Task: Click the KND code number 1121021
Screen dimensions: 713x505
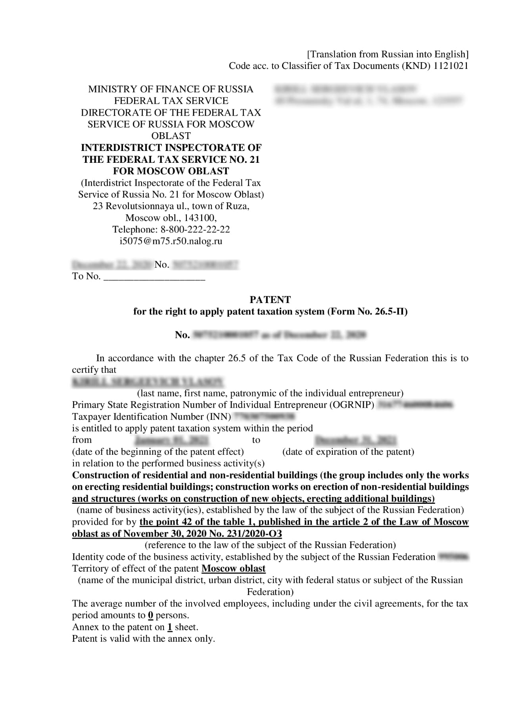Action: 451,66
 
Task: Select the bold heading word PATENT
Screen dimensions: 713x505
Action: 270,299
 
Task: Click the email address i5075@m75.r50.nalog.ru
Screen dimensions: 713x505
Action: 171,241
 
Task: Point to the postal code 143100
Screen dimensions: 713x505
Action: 200,218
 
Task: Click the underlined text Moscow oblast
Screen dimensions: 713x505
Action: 233,568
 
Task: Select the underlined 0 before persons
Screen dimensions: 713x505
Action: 150,615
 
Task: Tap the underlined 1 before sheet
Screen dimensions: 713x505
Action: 170,627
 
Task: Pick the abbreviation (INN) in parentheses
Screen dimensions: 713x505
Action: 218,417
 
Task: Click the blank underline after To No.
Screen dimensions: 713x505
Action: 154,277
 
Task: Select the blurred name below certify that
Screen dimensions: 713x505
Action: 148,382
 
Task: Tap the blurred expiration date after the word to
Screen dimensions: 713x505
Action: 355,440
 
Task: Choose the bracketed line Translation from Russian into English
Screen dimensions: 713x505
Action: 388,54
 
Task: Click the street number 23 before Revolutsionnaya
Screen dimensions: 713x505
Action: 98,206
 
